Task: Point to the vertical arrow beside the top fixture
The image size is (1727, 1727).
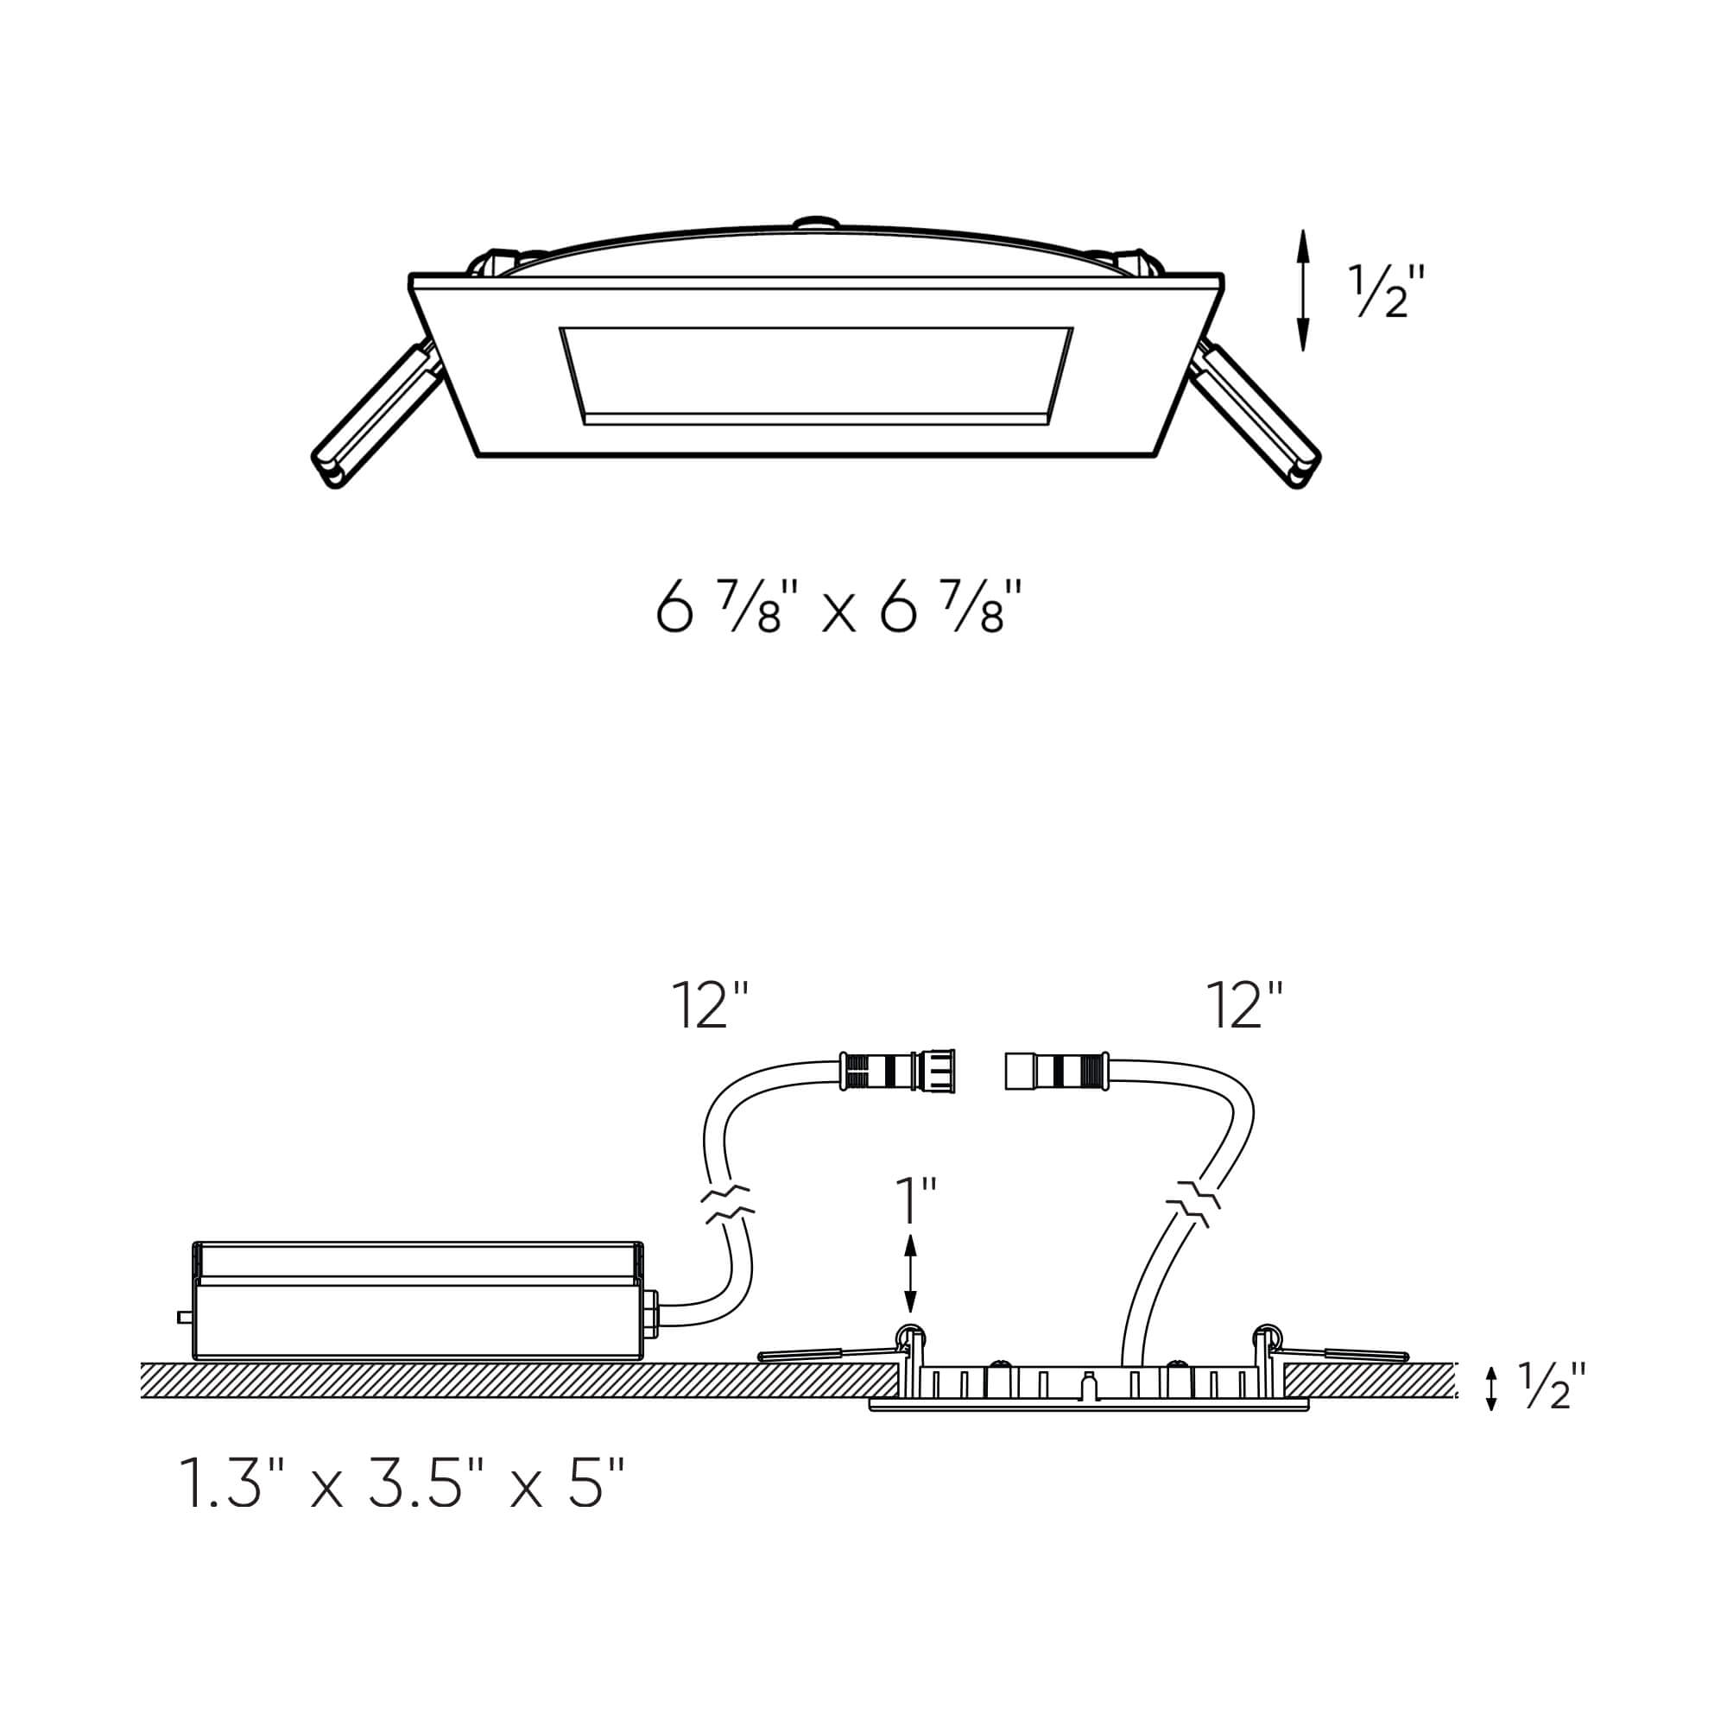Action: click(1303, 289)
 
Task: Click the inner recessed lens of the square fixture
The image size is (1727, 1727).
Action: click(815, 376)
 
